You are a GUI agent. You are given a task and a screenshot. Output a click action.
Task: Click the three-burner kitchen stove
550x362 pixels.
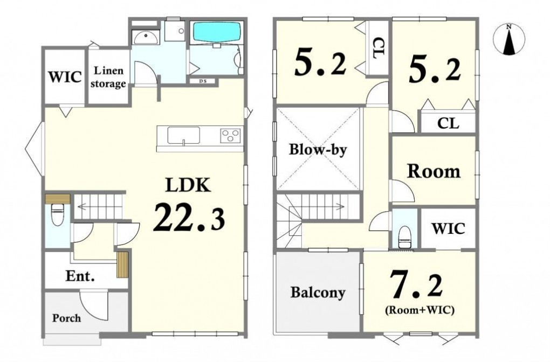tap(230, 136)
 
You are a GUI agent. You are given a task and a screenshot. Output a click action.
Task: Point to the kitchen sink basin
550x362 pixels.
tap(183, 135)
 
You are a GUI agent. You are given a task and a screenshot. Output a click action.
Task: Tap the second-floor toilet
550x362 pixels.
tap(405, 237)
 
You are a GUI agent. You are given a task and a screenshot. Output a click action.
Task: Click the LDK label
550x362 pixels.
tap(188, 185)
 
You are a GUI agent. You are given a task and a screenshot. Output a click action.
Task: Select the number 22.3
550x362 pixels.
tap(189, 218)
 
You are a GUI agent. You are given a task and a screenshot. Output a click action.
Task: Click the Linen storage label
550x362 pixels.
tap(108, 77)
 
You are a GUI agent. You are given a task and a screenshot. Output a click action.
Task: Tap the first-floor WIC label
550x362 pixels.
tap(65, 76)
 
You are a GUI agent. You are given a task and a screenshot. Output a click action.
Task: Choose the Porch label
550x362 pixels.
tap(67, 318)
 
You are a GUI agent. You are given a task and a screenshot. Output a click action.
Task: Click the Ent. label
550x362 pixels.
tap(80, 276)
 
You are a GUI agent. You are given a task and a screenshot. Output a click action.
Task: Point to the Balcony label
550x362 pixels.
tap(318, 293)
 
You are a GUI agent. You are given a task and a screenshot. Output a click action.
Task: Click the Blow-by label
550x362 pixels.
tap(318, 150)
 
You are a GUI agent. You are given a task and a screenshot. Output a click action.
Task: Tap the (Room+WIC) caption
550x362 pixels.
tap(420, 310)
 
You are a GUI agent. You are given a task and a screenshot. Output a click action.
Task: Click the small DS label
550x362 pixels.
tap(203, 81)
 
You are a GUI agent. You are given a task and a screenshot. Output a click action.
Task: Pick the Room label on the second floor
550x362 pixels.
tap(434, 171)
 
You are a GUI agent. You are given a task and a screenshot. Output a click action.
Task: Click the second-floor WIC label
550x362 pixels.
tap(449, 228)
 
